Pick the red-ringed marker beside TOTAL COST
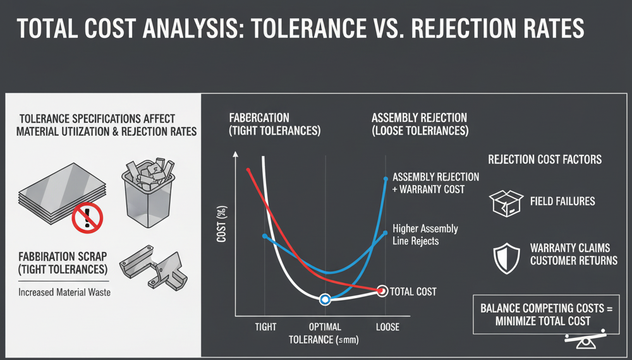pyautogui.click(x=381, y=291)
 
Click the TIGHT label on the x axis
pyautogui.click(x=266, y=327)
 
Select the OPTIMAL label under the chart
pyautogui.click(x=325, y=327)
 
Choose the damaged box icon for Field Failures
pyautogui.click(x=506, y=203)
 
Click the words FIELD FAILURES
pyautogui.click(x=562, y=201)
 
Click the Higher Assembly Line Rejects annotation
pyautogui.click(x=425, y=234)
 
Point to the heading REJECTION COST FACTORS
pyautogui.click(x=545, y=160)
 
